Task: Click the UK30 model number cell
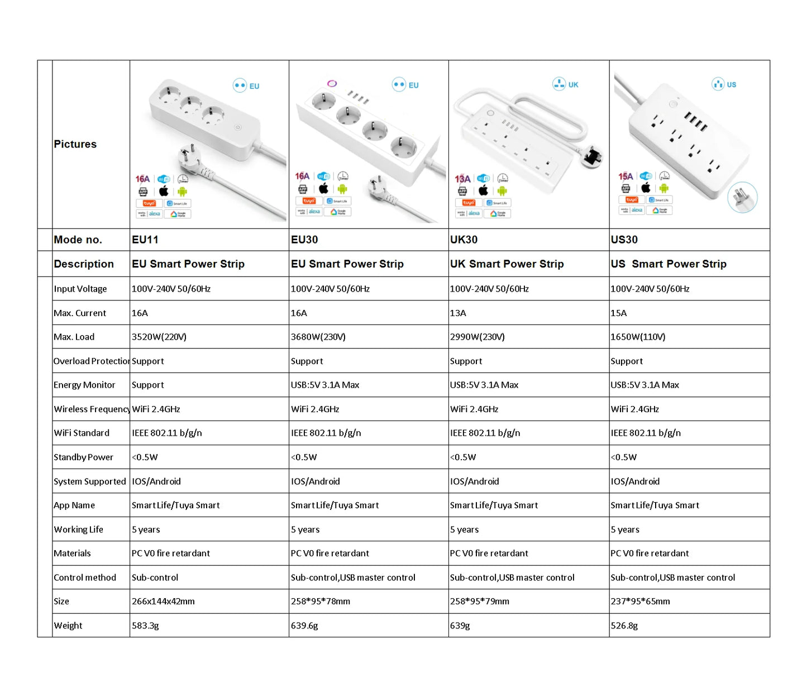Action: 464,240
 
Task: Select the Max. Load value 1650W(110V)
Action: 638,337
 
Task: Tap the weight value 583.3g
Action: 145,626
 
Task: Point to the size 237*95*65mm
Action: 640,602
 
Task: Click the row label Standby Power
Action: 83,457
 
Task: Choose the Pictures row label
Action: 75,144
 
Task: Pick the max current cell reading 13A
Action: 458,313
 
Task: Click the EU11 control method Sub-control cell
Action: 155,578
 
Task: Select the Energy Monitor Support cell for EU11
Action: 148,385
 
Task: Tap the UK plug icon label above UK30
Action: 566,84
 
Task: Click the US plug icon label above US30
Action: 724,84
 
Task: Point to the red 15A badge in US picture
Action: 625,176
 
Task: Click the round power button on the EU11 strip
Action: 238,127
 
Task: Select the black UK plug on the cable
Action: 593,157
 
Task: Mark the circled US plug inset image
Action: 742,197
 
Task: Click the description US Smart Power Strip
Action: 668,264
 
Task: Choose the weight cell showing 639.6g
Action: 304,626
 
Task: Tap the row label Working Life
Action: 78,529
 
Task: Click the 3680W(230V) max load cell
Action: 318,337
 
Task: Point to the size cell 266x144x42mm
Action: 163,602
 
